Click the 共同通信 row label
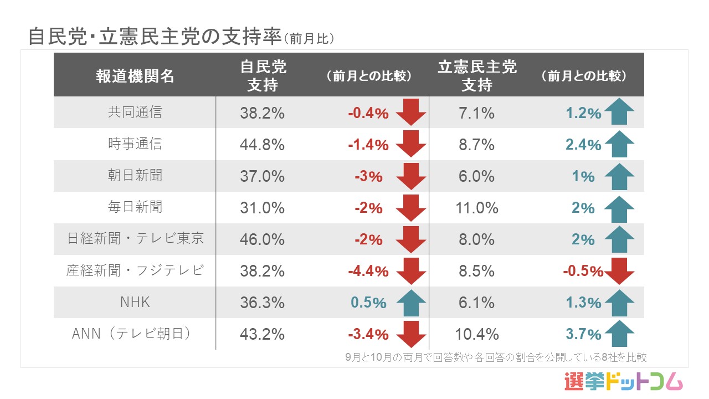click(135, 112)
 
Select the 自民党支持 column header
click(263, 76)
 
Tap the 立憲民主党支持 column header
click(477, 76)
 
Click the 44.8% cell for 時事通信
click(263, 145)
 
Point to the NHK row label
click(135, 303)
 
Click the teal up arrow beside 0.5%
click(411, 303)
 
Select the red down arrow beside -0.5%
click(619, 271)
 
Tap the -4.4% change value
click(368, 272)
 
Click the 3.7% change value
click(583, 335)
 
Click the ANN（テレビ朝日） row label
click(135, 334)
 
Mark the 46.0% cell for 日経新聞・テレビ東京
click(263, 239)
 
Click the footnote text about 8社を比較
click(496, 357)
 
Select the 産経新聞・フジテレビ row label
click(135, 271)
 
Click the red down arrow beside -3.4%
click(411, 335)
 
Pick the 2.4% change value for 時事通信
click(583, 145)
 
